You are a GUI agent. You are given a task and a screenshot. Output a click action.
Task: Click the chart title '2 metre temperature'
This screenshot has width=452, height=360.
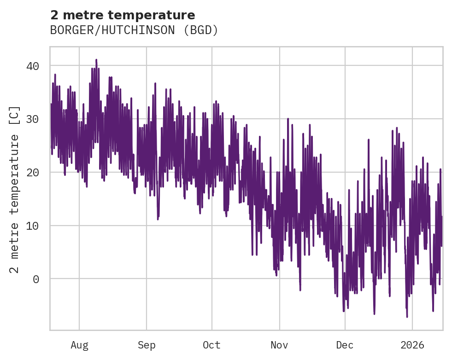point(123,15)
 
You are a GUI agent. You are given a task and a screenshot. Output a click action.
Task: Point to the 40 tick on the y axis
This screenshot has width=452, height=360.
point(32,66)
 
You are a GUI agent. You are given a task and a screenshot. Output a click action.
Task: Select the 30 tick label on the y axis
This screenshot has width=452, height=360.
point(32,119)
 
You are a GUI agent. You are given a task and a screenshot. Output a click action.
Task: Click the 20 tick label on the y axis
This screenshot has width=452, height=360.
point(32,172)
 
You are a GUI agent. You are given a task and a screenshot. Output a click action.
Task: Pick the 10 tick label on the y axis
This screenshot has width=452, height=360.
point(32,226)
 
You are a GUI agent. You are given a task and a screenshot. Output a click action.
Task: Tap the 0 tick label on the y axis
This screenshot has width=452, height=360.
point(36,279)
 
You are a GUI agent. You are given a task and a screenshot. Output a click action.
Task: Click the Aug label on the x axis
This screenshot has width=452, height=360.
point(79,345)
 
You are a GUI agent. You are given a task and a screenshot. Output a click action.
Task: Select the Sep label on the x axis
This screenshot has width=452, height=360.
point(147,345)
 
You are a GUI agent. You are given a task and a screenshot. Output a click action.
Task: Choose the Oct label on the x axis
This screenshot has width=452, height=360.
point(212,345)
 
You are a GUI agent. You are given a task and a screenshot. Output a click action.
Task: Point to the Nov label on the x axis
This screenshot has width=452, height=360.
point(279,345)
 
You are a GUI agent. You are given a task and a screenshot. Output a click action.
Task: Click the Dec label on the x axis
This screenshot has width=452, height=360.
point(345,345)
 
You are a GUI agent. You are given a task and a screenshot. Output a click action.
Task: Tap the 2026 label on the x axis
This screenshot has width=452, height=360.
point(412,345)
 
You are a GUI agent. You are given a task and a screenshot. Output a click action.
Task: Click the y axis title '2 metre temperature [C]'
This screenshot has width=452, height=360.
point(15,189)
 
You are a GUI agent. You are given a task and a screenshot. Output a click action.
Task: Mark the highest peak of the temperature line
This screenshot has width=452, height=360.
point(96,60)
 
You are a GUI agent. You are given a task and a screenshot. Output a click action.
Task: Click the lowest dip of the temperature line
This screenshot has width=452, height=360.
point(407,317)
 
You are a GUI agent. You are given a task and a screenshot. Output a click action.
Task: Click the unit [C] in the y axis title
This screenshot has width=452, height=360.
point(15,115)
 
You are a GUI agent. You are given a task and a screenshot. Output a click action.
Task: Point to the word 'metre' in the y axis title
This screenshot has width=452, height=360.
point(15,239)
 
